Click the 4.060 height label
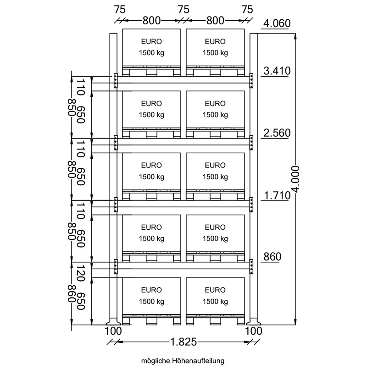pyautogui.click(x=277, y=23)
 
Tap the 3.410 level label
pyautogui.click(x=277, y=71)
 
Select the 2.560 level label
pyautogui.click(x=277, y=133)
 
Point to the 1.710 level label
pyautogui.click(x=277, y=195)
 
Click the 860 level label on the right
pyautogui.click(x=272, y=257)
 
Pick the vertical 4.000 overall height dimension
pyautogui.click(x=296, y=179)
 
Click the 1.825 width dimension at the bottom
pyautogui.click(x=183, y=342)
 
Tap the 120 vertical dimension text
pyautogui.click(x=81, y=273)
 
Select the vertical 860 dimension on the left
pyautogui.click(x=72, y=294)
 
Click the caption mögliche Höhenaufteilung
pyautogui.click(x=183, y=361)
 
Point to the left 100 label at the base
pyautogui.click(x=113, y=331)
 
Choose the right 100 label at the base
pyautogui.click(x=254, y=331)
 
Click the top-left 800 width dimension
pyautogui.click(x=151, y=21)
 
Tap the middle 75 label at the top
pyautogui.click(x=183, y=10)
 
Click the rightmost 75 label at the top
pyautogui.click(x=247, y=10)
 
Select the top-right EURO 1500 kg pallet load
pyautogui.click(x=215, y=52)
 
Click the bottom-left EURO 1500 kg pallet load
pyautogui.click(x=151, y=301)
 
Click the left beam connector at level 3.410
pyautogui.click(x=116, y=81)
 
